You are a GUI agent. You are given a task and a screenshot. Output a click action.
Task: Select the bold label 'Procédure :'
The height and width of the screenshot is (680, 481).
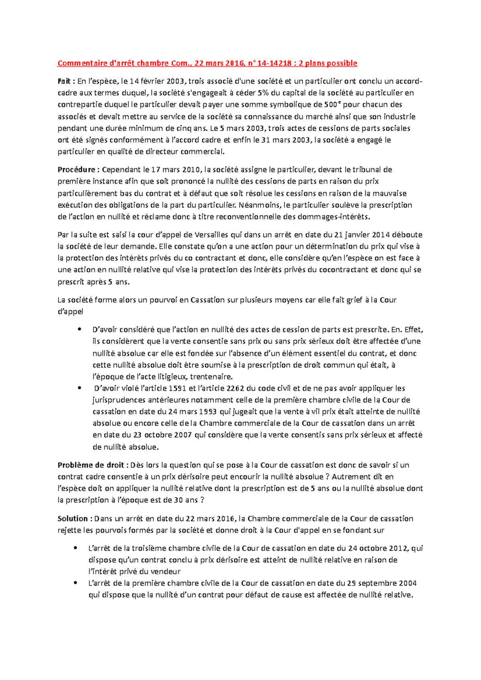(78, 169)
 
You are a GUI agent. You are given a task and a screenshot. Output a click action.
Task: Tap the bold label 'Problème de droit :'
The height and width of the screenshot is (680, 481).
(93, 465)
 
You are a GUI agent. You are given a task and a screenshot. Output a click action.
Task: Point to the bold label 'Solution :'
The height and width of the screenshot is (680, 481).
(75, 519)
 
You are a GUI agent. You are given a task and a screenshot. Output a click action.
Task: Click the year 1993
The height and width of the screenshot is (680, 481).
(208, 412)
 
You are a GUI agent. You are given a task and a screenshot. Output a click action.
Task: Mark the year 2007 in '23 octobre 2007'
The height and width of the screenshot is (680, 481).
(183, 435)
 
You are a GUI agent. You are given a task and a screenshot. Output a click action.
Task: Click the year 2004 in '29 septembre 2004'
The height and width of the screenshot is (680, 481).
(407, 583)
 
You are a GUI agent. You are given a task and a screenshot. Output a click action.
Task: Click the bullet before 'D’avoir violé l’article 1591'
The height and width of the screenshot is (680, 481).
(81, 388)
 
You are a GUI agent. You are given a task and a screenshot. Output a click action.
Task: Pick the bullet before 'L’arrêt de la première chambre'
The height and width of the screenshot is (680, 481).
(76, 583)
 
